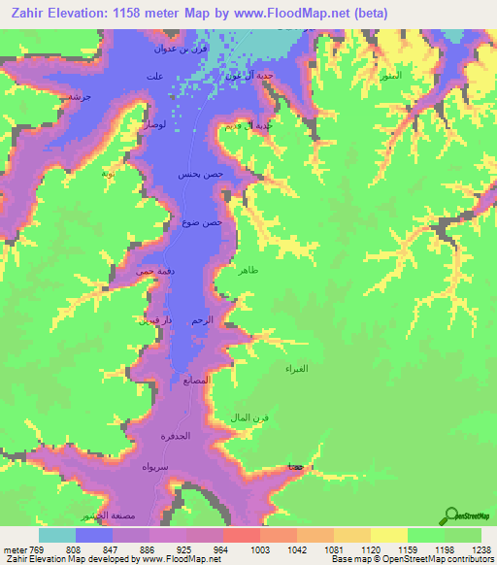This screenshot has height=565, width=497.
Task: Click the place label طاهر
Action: (x=248, y=273)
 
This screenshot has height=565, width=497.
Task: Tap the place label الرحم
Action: (x=202, y=320)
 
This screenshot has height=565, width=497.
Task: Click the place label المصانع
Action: (x=194, y=381)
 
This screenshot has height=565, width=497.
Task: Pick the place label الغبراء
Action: (x=296, y=370)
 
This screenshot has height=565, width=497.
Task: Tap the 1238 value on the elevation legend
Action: (x=480, y=548)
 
